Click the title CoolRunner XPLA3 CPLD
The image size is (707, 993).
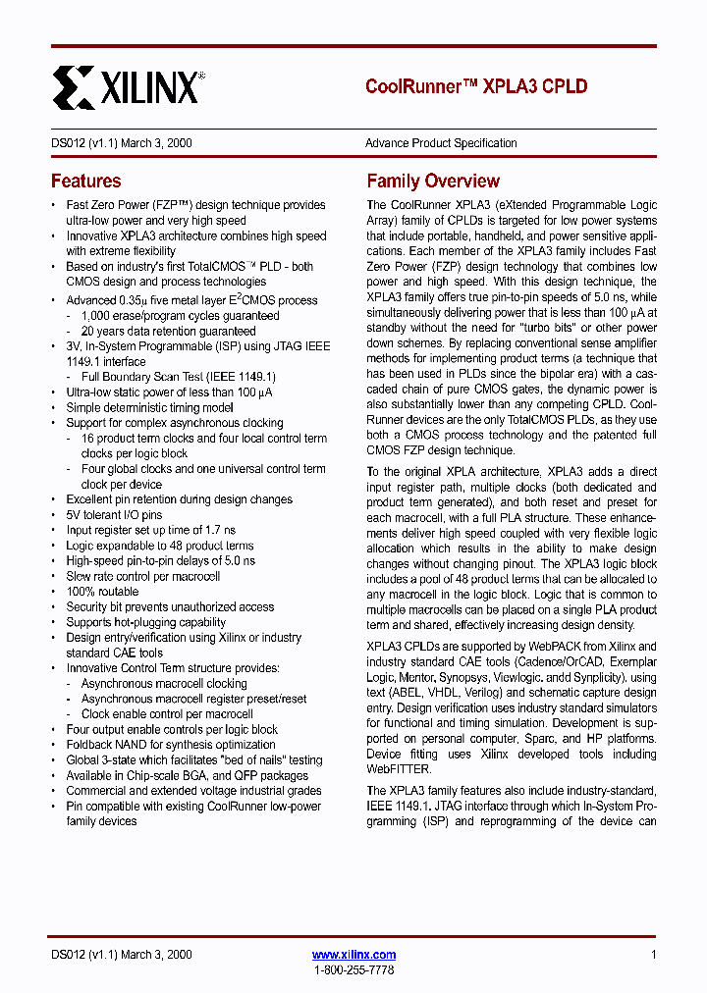(x=476, y=86)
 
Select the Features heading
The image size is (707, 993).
(x=86, y=182)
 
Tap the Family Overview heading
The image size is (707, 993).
(x=433, y=182)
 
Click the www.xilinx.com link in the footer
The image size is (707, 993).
(x=353, y=955)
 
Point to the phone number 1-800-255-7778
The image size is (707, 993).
(x=353, y=969)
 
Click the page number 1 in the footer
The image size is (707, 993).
(x=653, y=955)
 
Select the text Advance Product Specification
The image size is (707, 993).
(x=441, y=143)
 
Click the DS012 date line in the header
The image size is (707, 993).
(x=121, y=143)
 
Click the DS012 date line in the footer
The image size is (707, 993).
(x=121, y=955)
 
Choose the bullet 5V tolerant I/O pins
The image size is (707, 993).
(x=114, y=515)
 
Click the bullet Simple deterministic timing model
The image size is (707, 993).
(x=149, y=408)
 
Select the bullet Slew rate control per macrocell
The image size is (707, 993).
(x=142, y=577)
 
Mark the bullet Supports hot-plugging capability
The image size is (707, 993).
(x=145, y=622)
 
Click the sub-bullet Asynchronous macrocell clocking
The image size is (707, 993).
(x=164, y=684)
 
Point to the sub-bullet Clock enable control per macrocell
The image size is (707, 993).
(x=167, y=714)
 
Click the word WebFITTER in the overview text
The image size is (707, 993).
(x=398, y=769)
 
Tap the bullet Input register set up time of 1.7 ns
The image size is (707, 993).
(x=150, y=531)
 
